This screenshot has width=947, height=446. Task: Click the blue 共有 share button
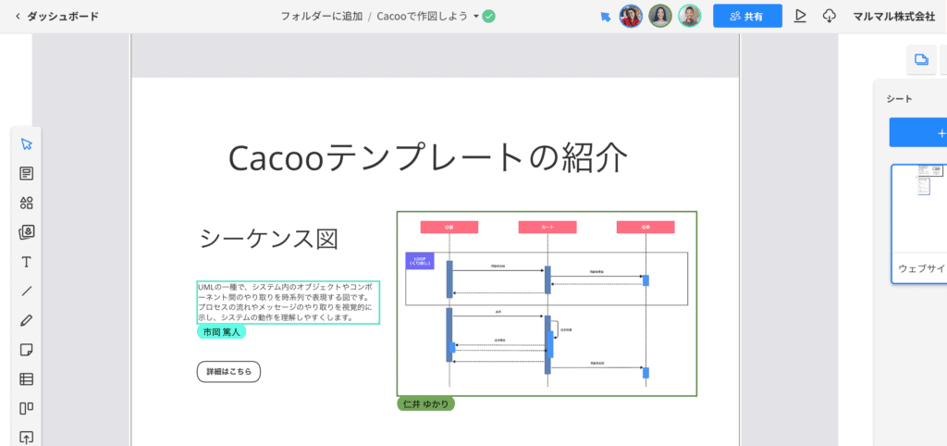pyautogui.click(x=747, y=16)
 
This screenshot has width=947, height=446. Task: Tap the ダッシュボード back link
pyautogui.click(x=56, y=16)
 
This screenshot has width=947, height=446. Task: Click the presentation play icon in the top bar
pyautogui.click(x=801, y=16)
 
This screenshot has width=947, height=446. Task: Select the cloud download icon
pyautogui.click(x=829, y=16)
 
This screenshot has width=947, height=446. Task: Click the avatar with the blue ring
pyautogui.click(x=631, y=16)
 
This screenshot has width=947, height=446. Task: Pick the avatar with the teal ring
pyautogui.click(x=689, y=16)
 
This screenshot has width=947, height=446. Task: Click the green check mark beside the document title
pyautogui.click(x=489, y=16)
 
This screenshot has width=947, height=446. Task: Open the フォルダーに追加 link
pyautogui.click(x=321, y=16)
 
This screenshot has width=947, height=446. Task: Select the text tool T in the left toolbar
pyautogui.click(x=26, y=262)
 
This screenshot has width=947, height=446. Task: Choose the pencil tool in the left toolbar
pyautogui.click(x=26, y=320)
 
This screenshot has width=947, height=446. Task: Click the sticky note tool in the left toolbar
pyautogui.click(x=26, y=350)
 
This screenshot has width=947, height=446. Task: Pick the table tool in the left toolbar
pyautogui.click(x=26, y=378)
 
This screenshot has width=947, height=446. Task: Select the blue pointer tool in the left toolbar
pyautogui.click(x=26, y=144)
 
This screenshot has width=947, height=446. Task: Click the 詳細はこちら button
pyautogui.click(x=228, y=371)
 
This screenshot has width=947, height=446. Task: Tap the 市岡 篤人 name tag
pyautogui.click(x=221, y=331)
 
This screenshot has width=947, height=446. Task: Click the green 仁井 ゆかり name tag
pyautogui.click(x=425, y=403)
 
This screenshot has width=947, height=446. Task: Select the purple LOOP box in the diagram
pyautogui.click(x=419, y=261)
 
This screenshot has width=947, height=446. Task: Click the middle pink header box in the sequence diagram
pyautogui.click(x=547, y=227)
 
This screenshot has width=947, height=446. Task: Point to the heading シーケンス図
pyautogui.click(x=268, y=239)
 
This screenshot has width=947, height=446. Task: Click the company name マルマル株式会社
pyautogui.click(x=893, y=16)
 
